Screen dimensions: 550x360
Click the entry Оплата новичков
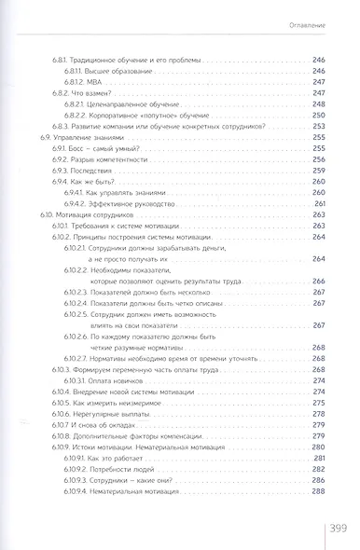133,379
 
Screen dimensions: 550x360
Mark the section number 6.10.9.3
94,478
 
